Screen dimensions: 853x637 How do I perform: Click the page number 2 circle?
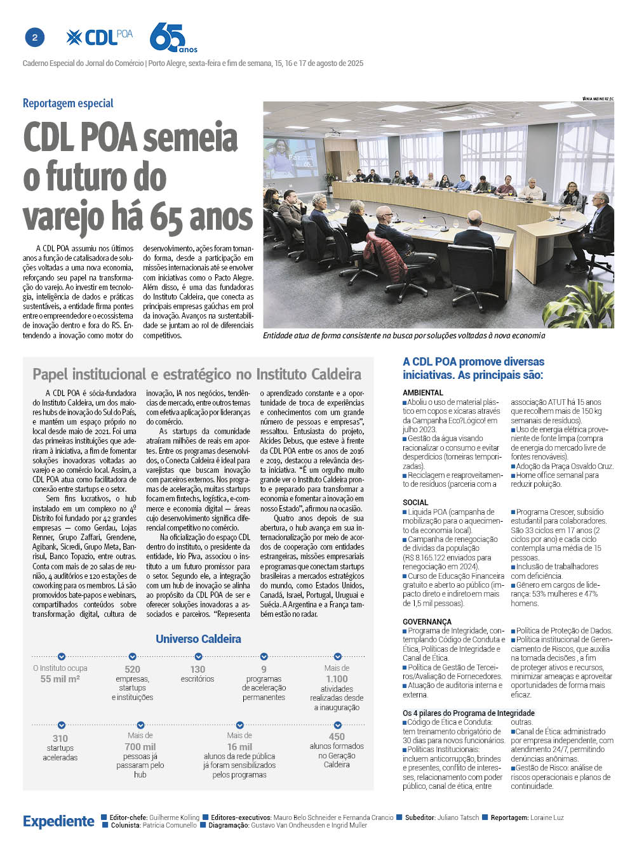34,38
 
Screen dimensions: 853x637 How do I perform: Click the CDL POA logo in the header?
100,37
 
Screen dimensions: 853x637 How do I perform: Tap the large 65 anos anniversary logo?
171,38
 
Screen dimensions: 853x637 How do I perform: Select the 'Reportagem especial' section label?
68,103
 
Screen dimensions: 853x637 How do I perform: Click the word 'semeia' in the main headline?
190,138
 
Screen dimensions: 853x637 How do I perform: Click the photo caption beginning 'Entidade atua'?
403,336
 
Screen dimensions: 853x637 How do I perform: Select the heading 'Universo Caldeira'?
198,639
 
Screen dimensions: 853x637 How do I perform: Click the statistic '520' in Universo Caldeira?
132,669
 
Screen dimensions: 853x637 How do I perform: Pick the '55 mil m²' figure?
60,678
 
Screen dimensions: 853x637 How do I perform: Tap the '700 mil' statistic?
140,746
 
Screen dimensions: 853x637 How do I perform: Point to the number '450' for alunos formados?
337,736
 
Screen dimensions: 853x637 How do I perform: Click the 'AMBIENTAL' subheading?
422,393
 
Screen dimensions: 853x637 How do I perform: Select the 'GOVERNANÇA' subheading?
427,622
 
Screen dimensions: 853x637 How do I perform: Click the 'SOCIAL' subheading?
415,503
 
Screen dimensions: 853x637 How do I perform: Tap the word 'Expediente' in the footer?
58,821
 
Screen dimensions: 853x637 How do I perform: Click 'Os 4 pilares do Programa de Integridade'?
469,713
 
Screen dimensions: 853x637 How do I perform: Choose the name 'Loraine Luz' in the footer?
547,817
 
